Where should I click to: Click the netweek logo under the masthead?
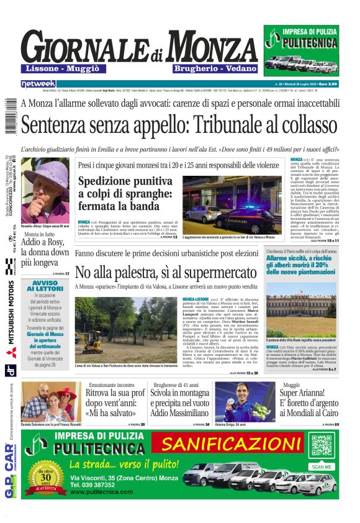tap(38, 83)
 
